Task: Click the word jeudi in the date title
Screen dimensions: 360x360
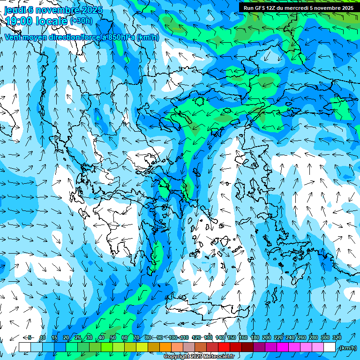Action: pyautogui.click(x=15, y=9)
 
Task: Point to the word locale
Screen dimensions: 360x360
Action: pyautogui.click(x=53, y=21)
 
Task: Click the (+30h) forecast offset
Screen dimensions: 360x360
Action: pyautogui.click(x=81, y=21)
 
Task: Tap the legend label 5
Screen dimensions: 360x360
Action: pyautogui.click(x=30, y=337)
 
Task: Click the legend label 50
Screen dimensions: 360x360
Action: pyautogui.click(x=113, y=337)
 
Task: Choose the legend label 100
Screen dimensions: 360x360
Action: pyautogui.click(x=173, y=337)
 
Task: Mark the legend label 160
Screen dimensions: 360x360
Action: pyautogui.click(x=243, y=337)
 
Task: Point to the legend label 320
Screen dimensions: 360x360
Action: pyautogui.click(x=337, y=337)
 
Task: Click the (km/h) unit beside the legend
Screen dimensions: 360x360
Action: pyautogui.click(x=348, y=348)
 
